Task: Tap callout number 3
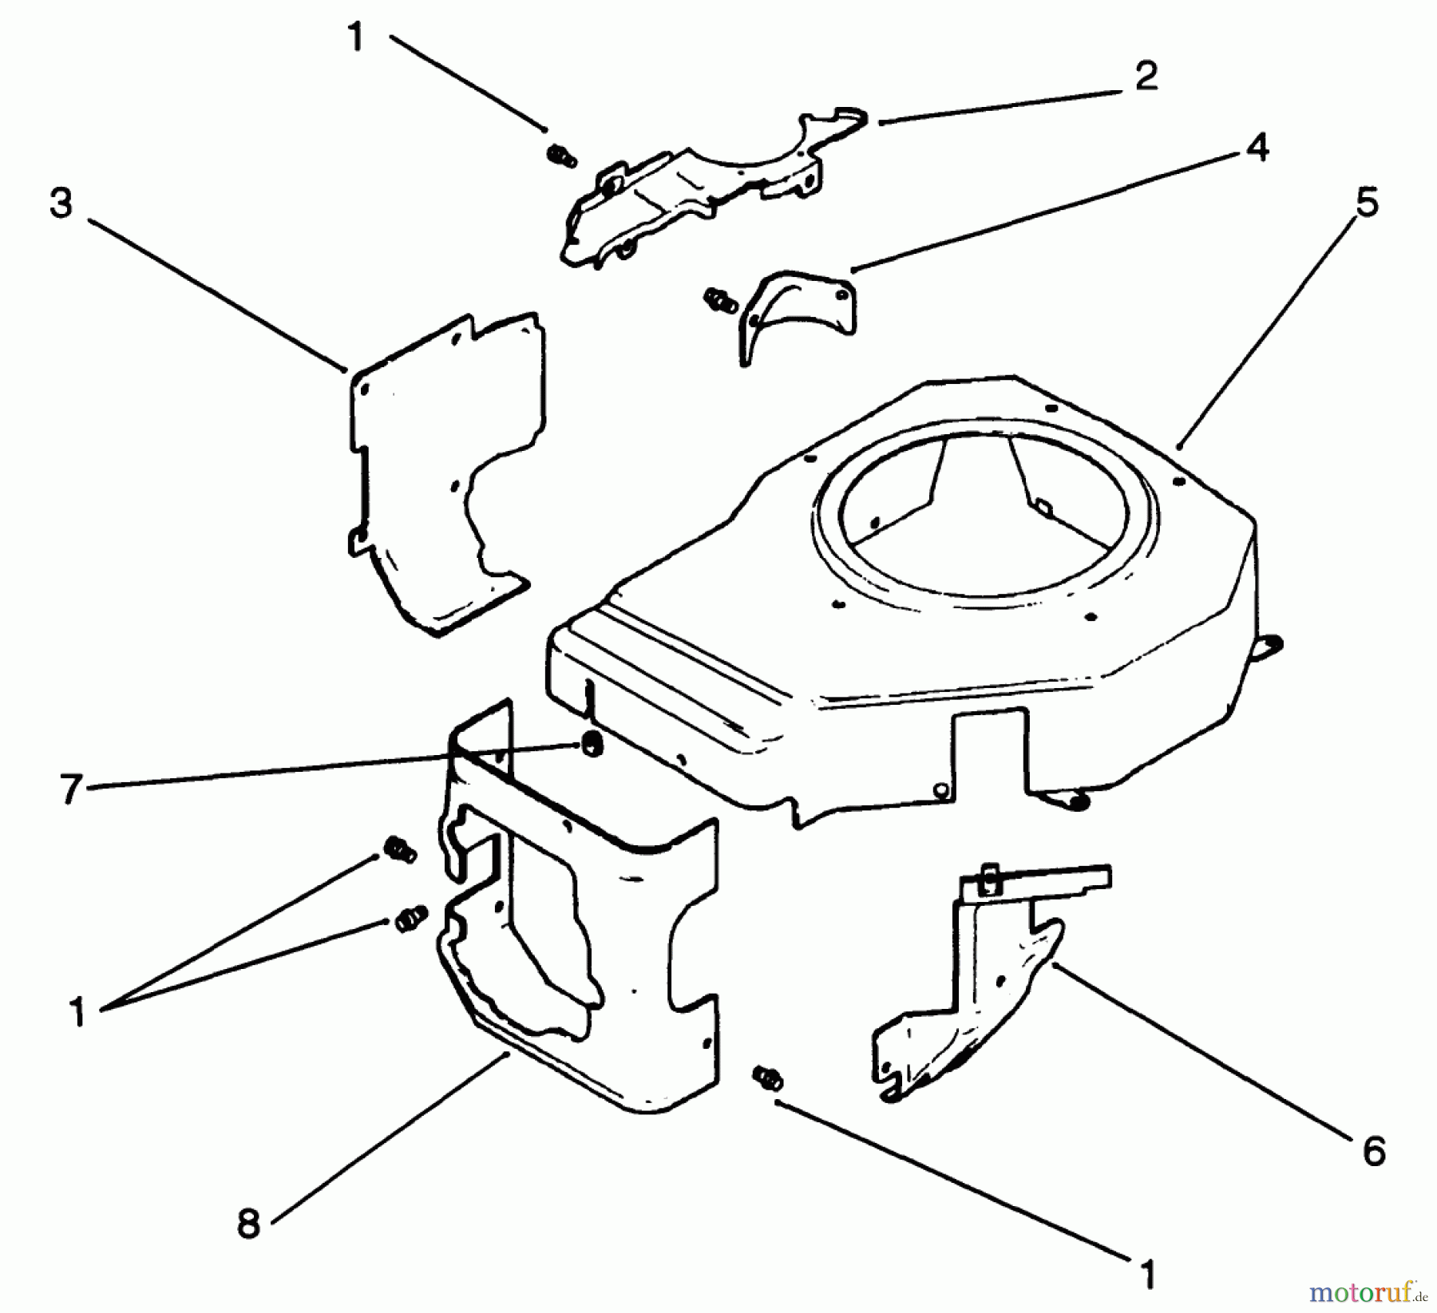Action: pos(61,204)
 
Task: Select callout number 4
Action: pos(1256,147)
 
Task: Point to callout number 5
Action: pos(1367,204)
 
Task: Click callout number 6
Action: pos(1372,1151)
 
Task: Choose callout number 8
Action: pos(248,1222)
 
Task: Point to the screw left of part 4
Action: pos(719,300)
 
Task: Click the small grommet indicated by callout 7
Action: pos(592,744)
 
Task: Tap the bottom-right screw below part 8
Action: pos(768,1078)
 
